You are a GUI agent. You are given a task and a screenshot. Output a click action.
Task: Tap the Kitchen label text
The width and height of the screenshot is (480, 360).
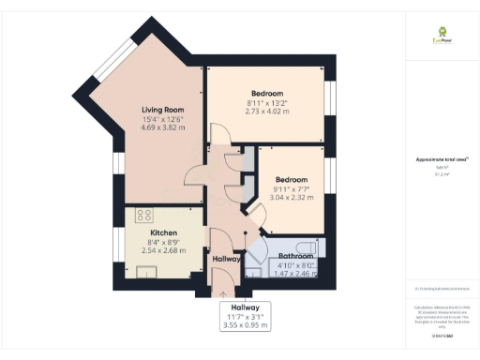click(x=164, y=232)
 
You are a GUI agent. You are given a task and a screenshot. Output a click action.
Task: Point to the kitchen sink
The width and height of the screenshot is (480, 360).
click(x=148, y=272)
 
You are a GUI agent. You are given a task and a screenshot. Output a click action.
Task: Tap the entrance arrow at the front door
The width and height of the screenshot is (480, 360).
click(x=222, y=292)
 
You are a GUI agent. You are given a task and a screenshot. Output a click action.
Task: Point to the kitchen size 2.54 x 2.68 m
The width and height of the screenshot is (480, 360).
click(x=164, y=250)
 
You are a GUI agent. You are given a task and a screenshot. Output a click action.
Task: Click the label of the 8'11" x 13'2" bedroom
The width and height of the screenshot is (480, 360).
click(x=267, y=93)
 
